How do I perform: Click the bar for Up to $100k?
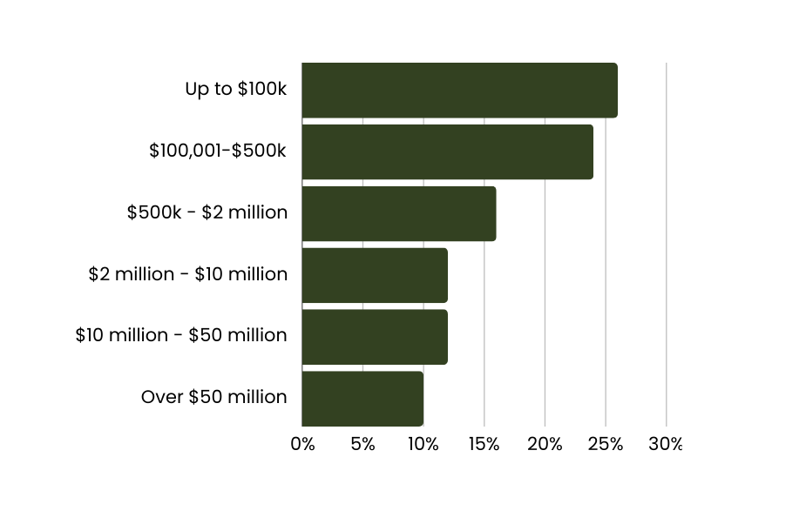click(x=459, y=90)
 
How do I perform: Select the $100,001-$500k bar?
click(x=447, y=151)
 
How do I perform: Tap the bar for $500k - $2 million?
click(x=398, y=213)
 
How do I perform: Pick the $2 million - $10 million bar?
click(x=375, y=275)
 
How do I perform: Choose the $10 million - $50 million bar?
click(x=375, y=337)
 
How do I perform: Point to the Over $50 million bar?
click(x=362, y=399)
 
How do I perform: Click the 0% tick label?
click(x=302, y=444)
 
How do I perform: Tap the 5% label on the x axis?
click(x=362, y=444)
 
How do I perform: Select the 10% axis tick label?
click(x=423, y=444)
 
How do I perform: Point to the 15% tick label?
click(x=484, y=444)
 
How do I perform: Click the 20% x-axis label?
click(x=545, y=444)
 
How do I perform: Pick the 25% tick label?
click(x=606, y=444)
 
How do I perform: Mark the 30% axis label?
click(x=667, y=444)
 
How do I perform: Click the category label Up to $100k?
click(x=235, y=89)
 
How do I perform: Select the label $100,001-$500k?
click(x=217, y=151)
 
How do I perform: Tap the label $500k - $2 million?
click(x=207, y=212)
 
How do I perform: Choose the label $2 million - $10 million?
click(x=187, y=274)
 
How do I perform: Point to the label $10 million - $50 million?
click(x=180, y=335)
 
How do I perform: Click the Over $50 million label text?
click(x=213, y=397)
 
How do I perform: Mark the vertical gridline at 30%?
click(x=667, y=244)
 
